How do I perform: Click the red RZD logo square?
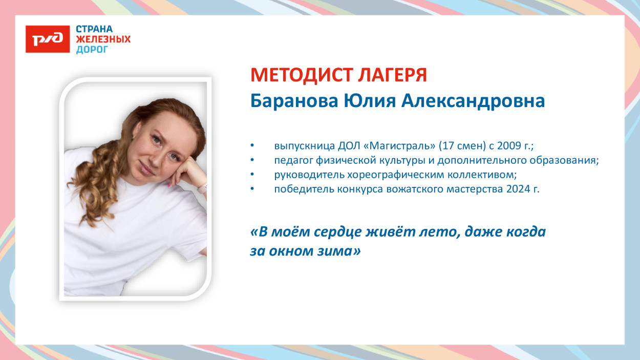coord(48,39)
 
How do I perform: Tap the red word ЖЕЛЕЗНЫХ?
coord(103,39)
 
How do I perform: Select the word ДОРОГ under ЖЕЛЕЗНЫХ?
coord(92,50)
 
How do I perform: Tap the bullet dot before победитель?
coord(252,189)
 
